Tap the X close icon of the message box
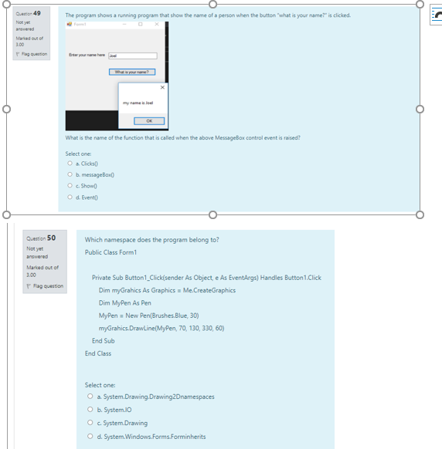[x=161, y=86]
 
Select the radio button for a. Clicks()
[x=70, y=163]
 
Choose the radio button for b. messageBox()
[x=70, y=173]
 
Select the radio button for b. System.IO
[x=90, y=410]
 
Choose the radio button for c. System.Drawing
[x=90, y=423]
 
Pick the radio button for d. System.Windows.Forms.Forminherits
[x=90, y=436]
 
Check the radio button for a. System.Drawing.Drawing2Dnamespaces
[x=90, y=397]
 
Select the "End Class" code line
[x=98, y=353]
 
